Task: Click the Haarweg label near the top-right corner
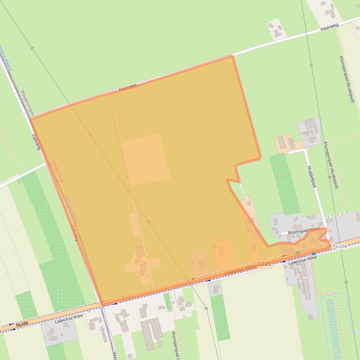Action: click(x=329, y=27)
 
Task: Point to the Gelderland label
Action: click(x=58, y=171)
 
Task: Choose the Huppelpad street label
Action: click(x=311, y=176)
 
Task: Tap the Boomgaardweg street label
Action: click(x=304, y=230)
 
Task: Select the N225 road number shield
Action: click(x=264, y=265)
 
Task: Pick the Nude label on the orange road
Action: click(x=22, y=324)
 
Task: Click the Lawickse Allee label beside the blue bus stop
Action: click(x=302, y=259)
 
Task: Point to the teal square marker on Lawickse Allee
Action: click(x=297, y=252)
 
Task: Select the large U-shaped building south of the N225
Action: click(x=151, y=333)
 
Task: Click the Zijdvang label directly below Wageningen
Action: click(x=36, y=142)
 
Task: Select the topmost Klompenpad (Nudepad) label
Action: click(x=346, y=79)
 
